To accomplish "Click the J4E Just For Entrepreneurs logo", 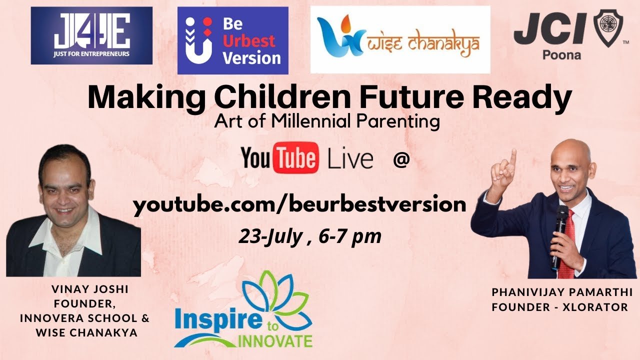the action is click(91, 35).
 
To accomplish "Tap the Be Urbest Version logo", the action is click(233, 40).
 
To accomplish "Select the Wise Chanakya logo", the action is click(400, 39).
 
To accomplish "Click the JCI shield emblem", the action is click(608, 28).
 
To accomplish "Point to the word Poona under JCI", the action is click(561, 55).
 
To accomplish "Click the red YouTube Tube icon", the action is click(295, 157).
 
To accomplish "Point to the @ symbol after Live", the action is click(401, 159).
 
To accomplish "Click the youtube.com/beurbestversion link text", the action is click(299, 205).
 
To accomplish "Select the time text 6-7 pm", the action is click(350, 237).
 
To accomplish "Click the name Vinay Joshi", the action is click(90, 289).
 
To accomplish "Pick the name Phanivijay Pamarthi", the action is click(562, 292).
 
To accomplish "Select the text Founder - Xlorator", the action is click(559, 307).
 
